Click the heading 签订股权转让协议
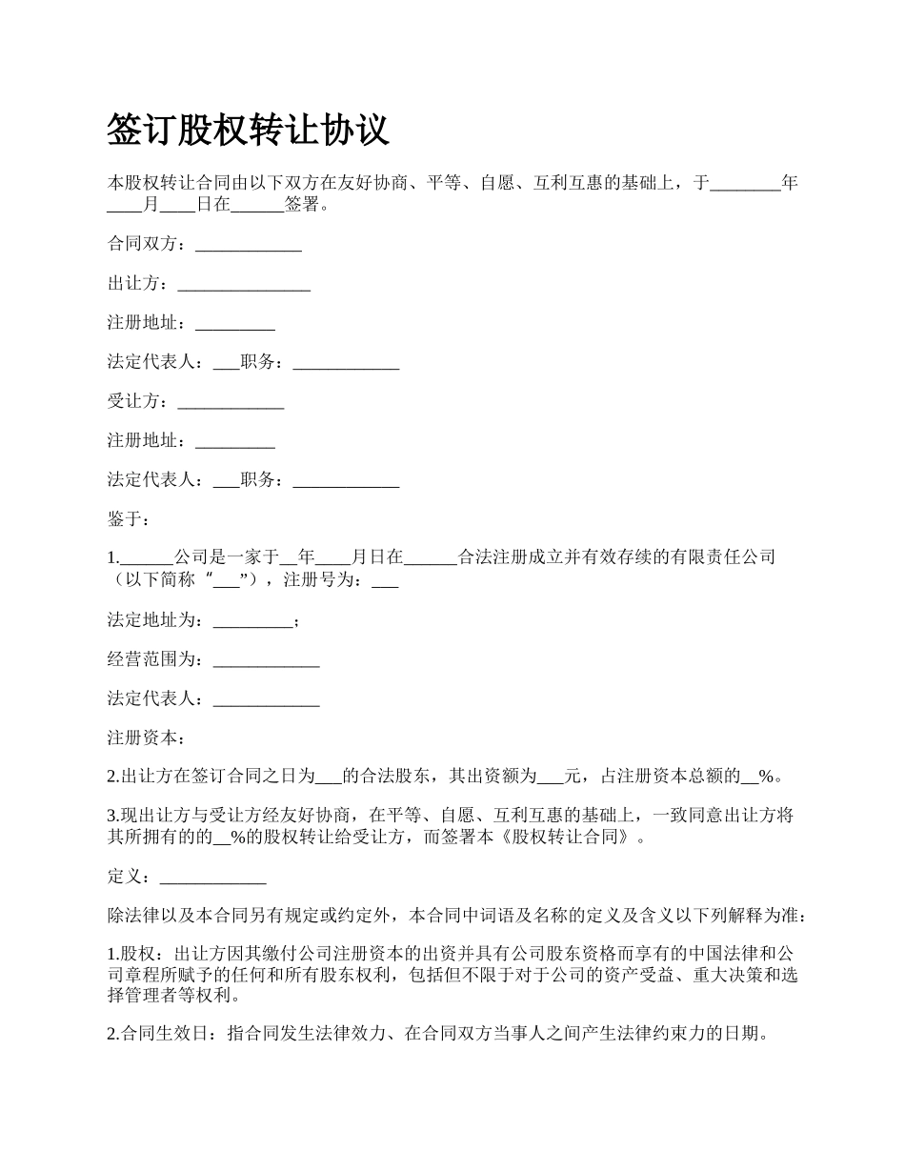248,130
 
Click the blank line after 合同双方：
248,245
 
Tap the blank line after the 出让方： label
244,284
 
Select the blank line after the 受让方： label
231,402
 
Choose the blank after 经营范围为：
266,659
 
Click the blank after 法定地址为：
252,621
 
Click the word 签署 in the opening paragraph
302,205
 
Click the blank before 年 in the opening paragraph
745,183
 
